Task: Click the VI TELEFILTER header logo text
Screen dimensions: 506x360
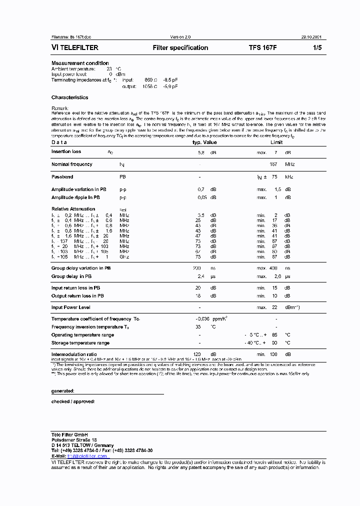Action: [75, 48]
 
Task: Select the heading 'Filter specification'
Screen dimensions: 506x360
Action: [180, 48]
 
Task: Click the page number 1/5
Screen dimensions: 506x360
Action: [317, 48]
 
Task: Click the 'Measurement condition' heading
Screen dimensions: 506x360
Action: [80, 63]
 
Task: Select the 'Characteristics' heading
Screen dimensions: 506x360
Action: [69, 97]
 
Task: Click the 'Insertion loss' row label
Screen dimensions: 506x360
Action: [66, 151]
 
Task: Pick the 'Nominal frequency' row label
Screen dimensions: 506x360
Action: [71, 164]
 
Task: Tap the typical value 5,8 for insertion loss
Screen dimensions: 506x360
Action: [201, 152]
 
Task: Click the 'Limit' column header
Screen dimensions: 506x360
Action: [276, 142]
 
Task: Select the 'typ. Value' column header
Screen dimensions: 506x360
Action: [204, 142]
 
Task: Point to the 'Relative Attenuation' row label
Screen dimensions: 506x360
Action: [73, 209]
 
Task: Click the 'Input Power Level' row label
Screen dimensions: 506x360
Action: [70, 307]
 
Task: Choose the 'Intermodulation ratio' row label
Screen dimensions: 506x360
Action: [74, 354]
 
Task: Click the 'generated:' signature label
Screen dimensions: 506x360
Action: [63, 390]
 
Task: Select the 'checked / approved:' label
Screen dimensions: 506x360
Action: [73, 401]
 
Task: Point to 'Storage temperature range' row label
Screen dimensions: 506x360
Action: [80, 343]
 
